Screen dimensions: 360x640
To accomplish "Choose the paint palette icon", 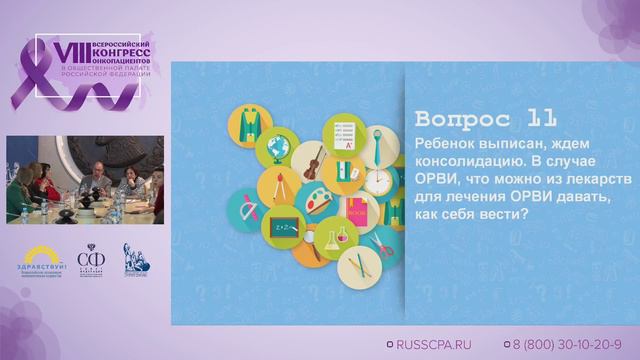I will [x=318, y=201].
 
